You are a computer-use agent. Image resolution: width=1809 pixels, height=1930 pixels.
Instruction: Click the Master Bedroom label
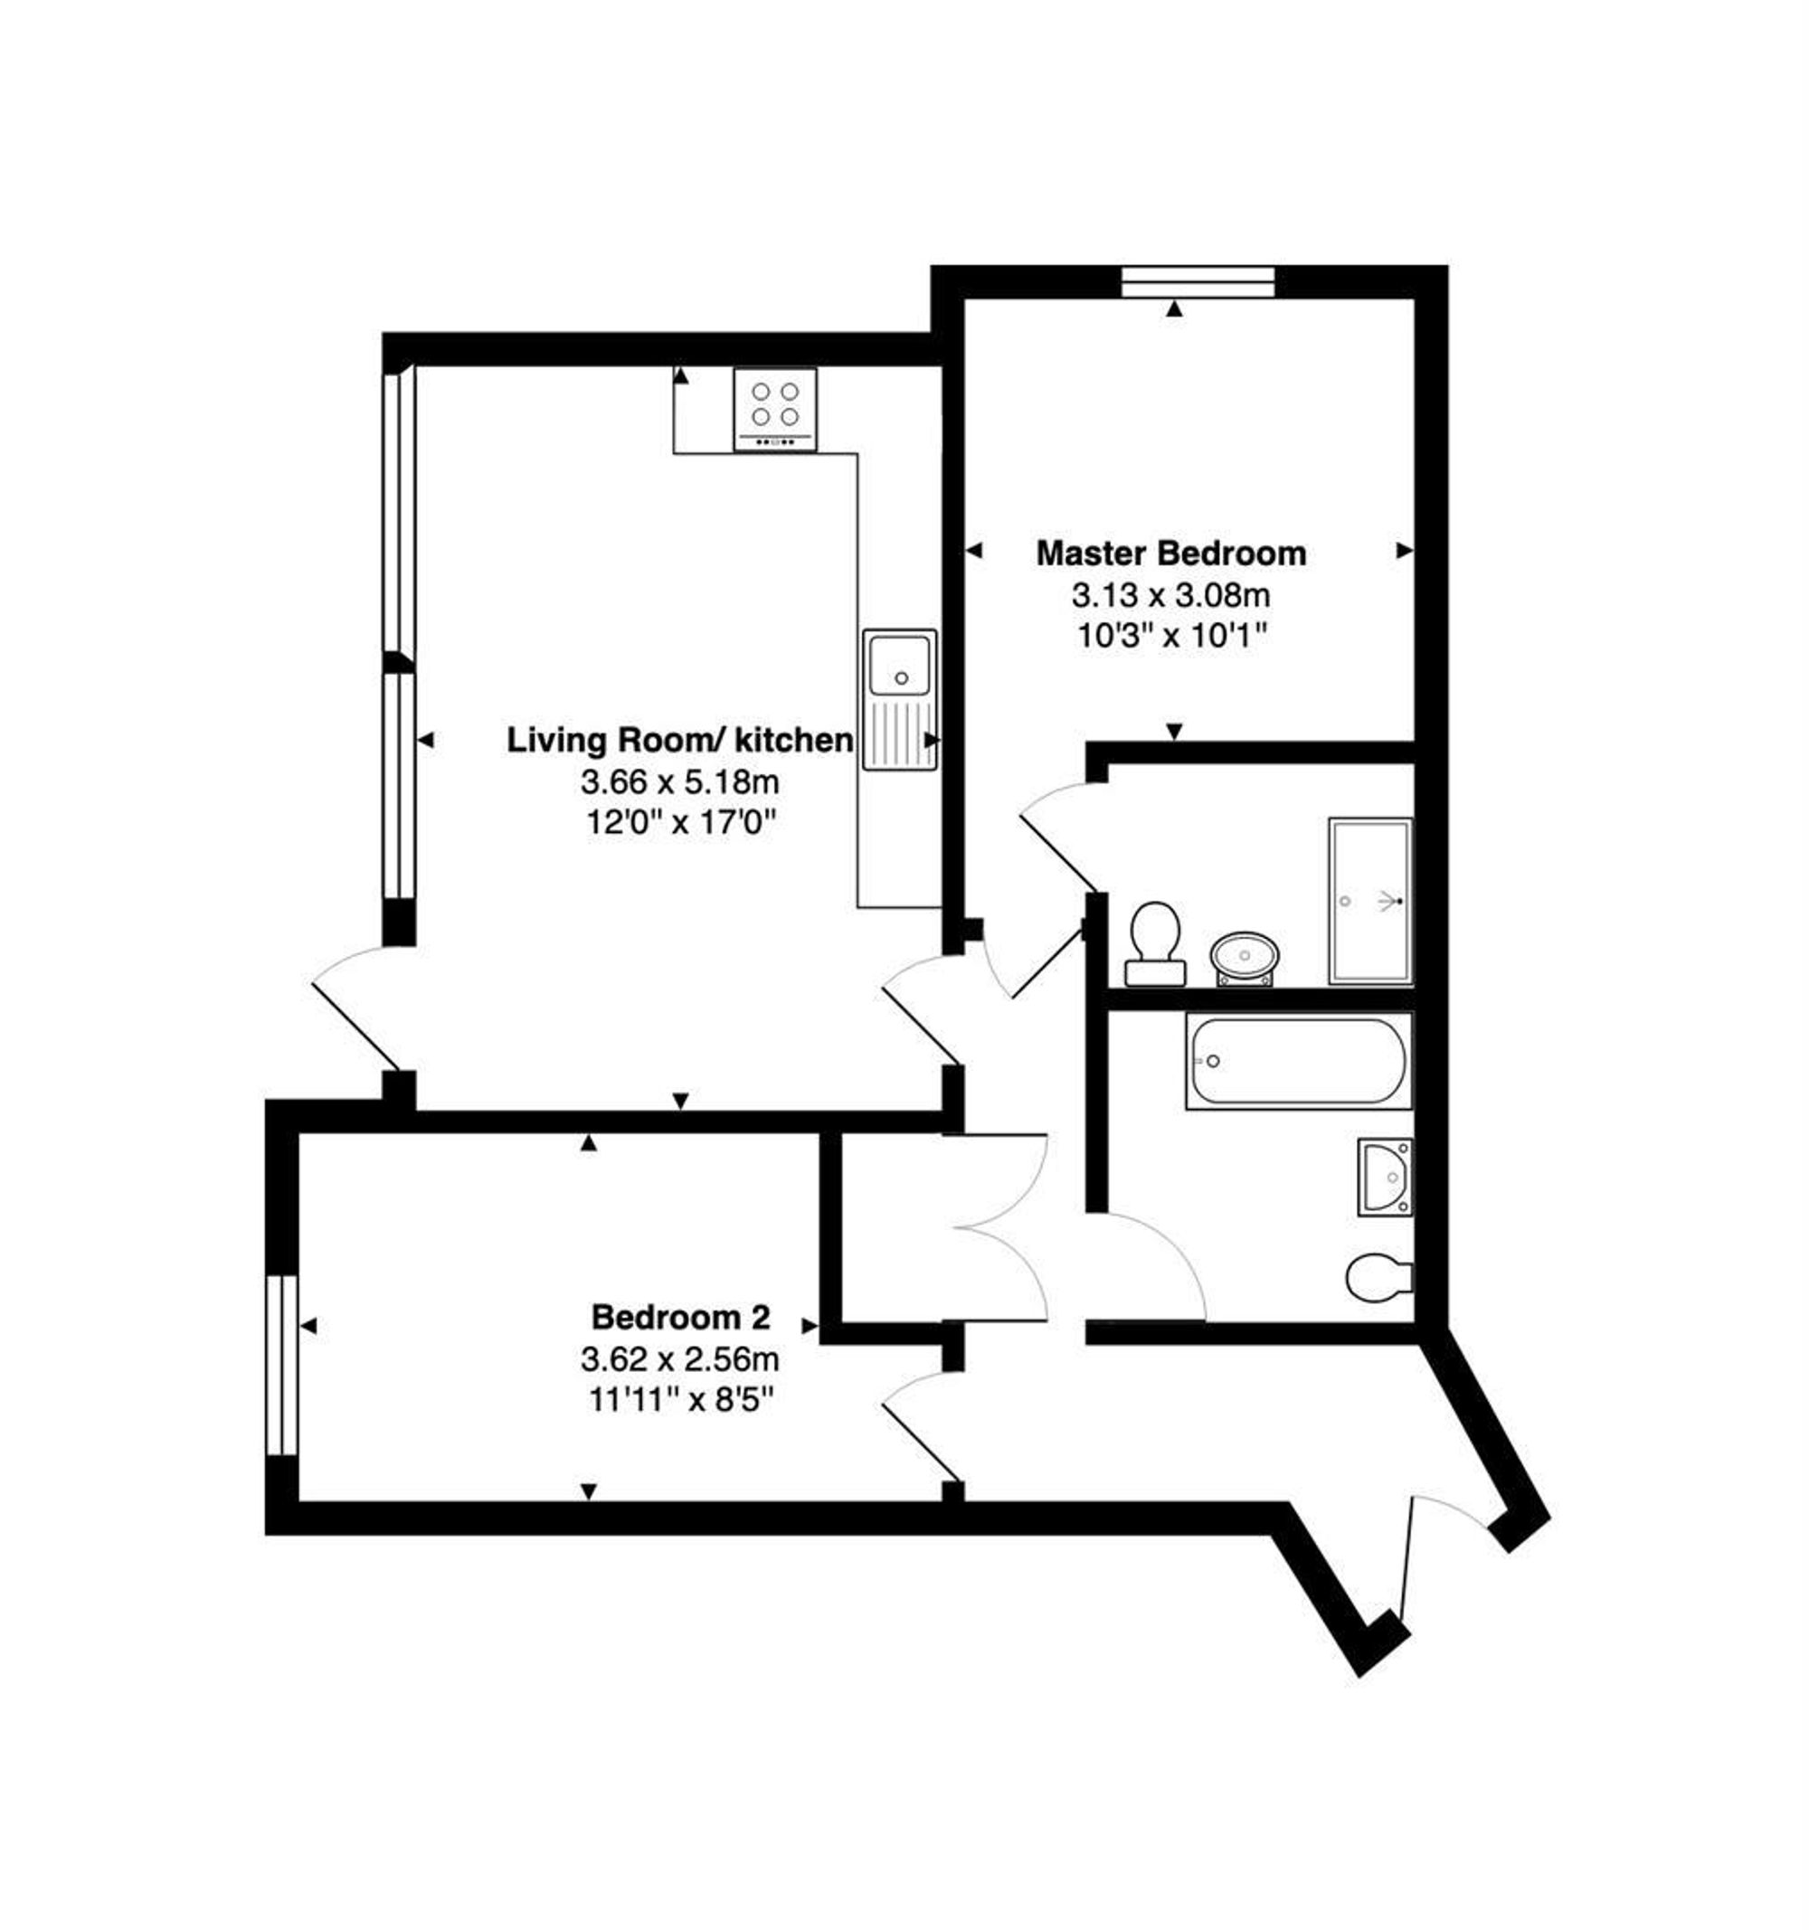coord(1171,553)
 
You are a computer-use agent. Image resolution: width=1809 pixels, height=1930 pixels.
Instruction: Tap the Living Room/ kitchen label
coord(679,740)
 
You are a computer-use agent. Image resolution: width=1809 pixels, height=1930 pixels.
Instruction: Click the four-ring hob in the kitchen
coord(775,409)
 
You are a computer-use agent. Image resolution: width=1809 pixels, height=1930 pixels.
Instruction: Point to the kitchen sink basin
coord(900,665)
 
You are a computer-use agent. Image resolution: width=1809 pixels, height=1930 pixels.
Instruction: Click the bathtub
coord(1299,1061)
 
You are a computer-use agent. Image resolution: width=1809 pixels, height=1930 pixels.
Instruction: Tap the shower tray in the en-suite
coord(1370,902)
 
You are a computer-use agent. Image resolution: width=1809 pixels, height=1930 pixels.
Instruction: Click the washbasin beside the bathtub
coord(1386,1177)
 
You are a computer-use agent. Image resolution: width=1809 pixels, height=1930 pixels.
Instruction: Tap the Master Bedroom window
coord(1197,281)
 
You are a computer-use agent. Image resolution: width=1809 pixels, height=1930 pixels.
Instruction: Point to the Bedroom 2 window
coord(281,1364)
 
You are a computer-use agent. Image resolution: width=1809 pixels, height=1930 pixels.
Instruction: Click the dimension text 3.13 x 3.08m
coord(1171,593)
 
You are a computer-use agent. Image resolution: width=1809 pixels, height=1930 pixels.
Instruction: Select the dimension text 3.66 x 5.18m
coord(679,781)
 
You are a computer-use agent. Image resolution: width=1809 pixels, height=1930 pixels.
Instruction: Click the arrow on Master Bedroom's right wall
coord(1404,551)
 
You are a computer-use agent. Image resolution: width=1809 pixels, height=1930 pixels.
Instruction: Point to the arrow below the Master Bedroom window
coord(1175,309)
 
